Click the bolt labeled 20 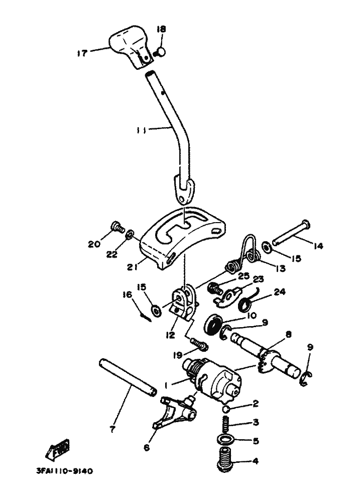pos(116,229)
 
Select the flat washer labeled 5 pos(227,441)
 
